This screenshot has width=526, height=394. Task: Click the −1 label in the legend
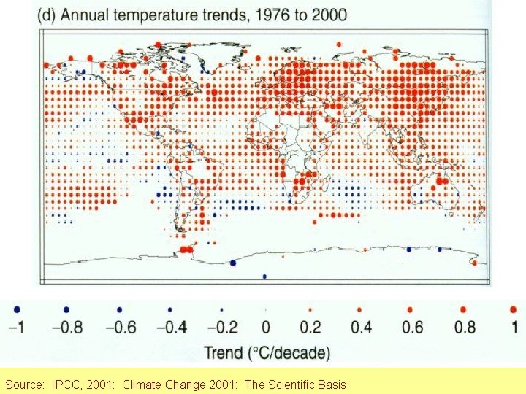(17, 327)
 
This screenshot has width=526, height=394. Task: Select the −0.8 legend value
(66, 327)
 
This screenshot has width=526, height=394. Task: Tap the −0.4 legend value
(169, 327)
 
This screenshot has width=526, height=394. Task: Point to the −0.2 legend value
(221, 327)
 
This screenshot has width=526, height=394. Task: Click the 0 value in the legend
(266, 327)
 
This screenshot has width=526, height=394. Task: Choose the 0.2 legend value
(310, 327)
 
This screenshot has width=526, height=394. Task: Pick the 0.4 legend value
(361, 327)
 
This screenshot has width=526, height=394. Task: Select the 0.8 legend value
(465, 327)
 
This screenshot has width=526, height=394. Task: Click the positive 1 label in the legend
(514, 327)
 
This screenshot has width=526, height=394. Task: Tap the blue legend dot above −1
(17, 309)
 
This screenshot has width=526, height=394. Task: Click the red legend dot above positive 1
(514, 309)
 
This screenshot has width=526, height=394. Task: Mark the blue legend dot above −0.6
(119, 309)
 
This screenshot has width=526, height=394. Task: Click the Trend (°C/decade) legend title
(267, 354)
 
